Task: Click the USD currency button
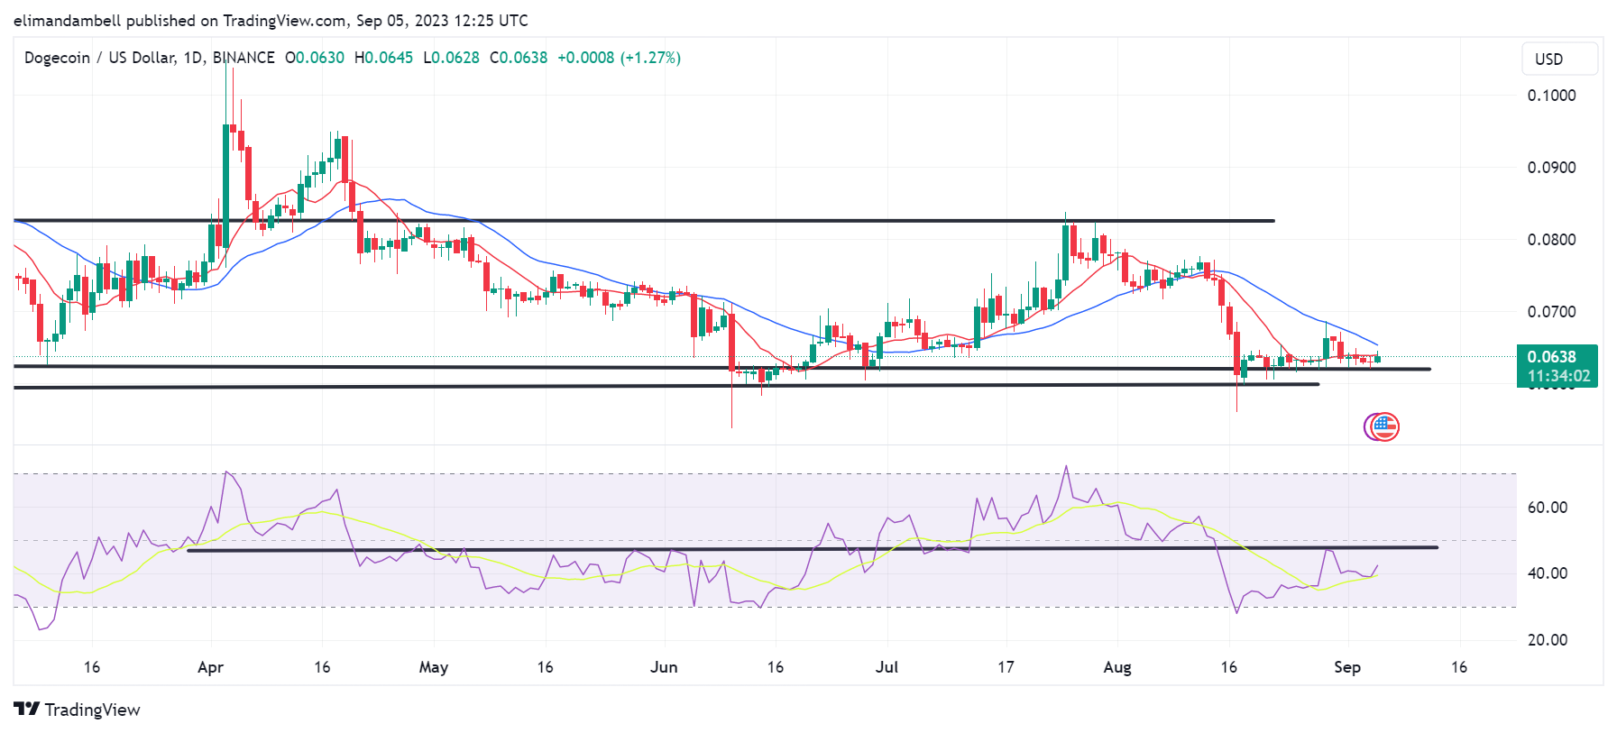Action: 1559,59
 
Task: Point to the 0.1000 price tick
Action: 1551,96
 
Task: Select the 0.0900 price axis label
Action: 1551,168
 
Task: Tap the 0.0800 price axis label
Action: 1551,240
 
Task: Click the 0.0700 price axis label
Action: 1551,312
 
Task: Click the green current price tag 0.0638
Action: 1557,358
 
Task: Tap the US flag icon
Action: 1383,426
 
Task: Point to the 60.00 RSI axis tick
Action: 1548,508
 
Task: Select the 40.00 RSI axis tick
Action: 1548,573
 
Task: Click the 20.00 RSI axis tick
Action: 1548,640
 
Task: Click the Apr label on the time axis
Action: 210,667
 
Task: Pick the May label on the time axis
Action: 434,667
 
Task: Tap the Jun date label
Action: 664,667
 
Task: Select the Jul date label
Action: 887,667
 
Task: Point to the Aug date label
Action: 1117,667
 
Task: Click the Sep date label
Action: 1347,667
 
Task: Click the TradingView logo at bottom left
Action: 78,710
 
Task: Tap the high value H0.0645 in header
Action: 384,58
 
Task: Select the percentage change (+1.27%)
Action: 650,58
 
